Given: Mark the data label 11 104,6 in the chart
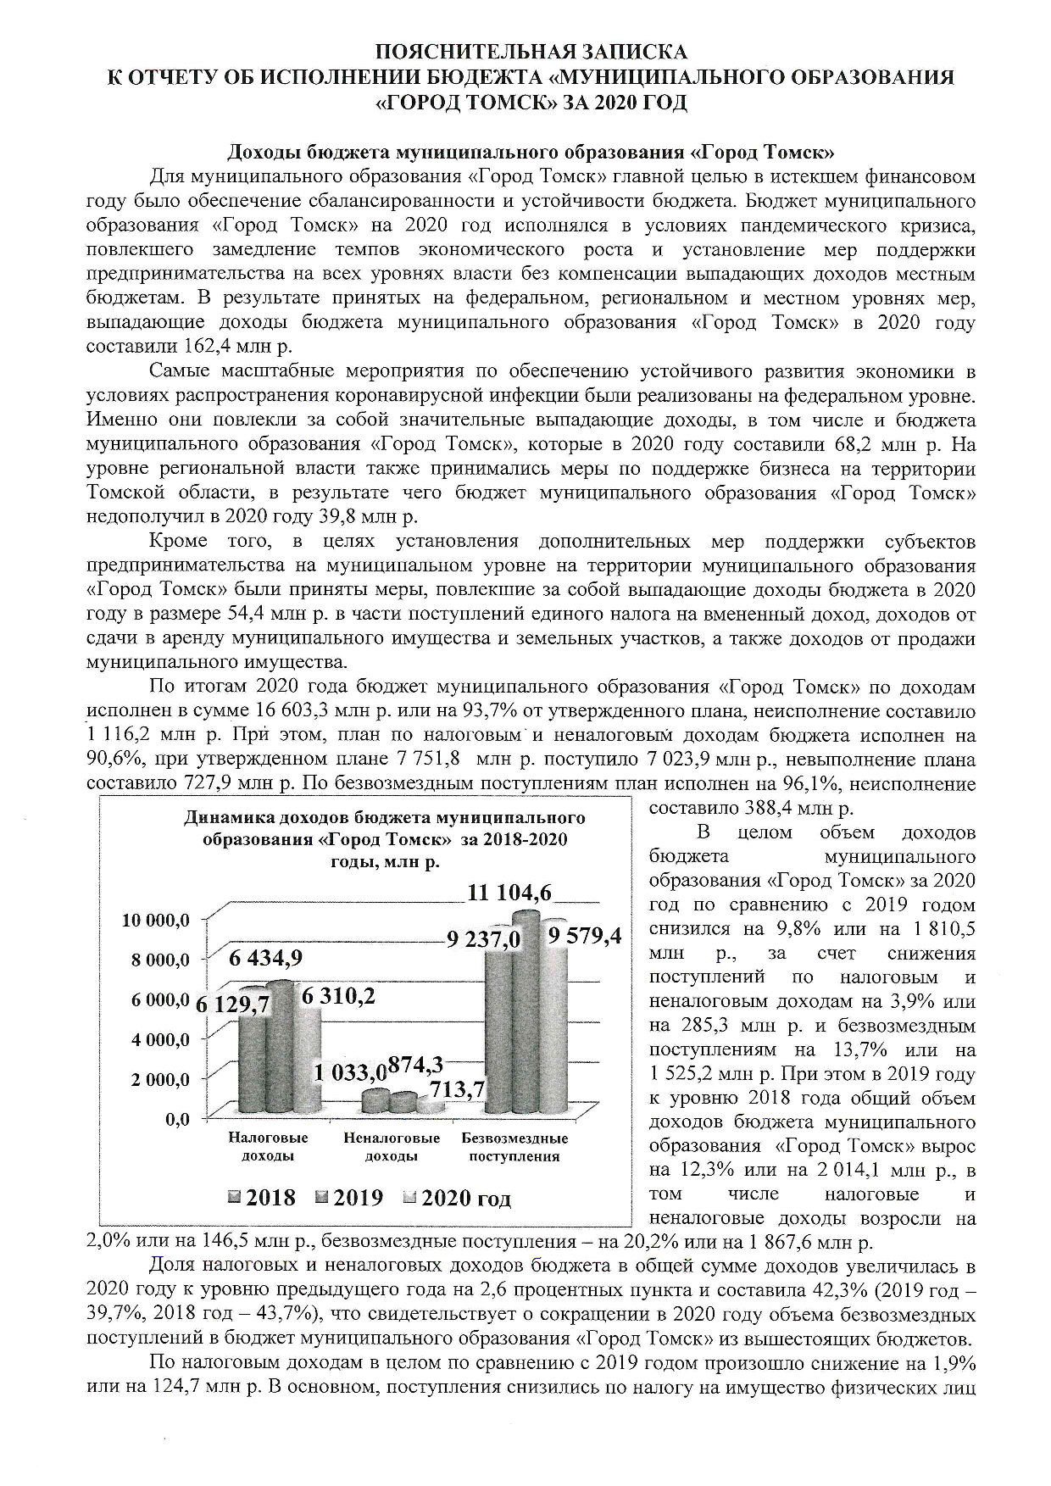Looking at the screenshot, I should [x=509, y=892].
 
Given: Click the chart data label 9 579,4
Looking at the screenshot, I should [x=585, y=935].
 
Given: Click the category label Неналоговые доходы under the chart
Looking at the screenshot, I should [x=391, y=1147].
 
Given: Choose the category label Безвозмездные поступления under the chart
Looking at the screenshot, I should [x=514, y=1147].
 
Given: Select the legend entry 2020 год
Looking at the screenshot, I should [x=458, y=1198].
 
